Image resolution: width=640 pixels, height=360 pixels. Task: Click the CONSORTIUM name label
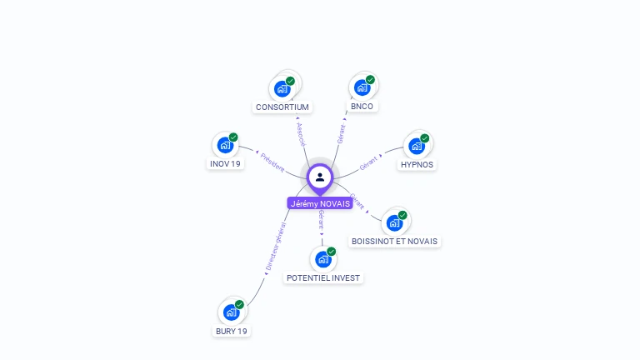[282, 107]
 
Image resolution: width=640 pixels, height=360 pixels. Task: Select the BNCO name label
[362, 107]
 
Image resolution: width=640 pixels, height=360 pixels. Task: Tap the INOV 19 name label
[224, 164]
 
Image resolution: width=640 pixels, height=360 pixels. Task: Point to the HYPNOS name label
[417, 165]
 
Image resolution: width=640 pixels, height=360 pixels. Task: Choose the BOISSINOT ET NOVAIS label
[394, 242]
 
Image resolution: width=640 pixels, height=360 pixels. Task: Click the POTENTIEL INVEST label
[323, 277]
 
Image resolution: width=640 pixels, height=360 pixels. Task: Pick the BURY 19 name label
[231, 331]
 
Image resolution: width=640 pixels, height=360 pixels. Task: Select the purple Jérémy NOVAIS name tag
[320, 203]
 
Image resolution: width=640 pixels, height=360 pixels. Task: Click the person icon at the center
[320, 177]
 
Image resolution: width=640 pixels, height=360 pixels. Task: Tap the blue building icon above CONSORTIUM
[282, 88]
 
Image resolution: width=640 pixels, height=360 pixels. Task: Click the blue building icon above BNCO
[362, 87]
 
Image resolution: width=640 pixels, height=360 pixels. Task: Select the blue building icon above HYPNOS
[416, 146]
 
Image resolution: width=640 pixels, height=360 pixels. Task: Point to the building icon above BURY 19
[231, 312]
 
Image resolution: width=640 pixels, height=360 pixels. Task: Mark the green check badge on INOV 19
[233, 137]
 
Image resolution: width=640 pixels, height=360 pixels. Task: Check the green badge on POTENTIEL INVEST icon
[332, 251]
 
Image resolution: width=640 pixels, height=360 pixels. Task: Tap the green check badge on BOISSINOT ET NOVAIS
[402, 215]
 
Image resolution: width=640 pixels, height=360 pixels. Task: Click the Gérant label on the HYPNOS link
[368, 163]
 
